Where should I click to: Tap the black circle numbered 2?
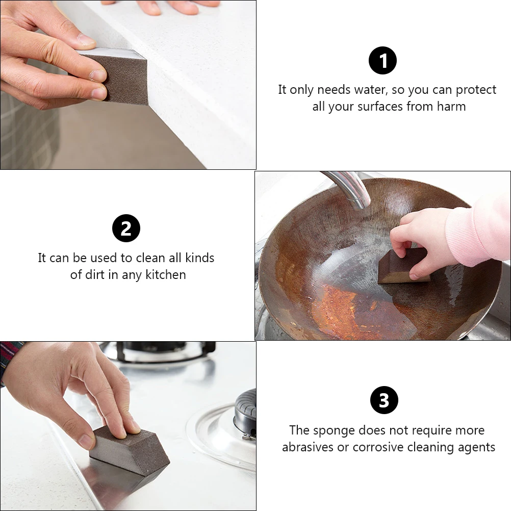(126, 228)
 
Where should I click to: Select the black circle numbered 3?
(384, 400)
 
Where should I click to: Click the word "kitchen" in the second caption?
(166, 275)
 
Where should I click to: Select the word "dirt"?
(97, 275)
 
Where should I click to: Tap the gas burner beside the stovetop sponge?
(245, 413)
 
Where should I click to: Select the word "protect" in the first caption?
(476, 90)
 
